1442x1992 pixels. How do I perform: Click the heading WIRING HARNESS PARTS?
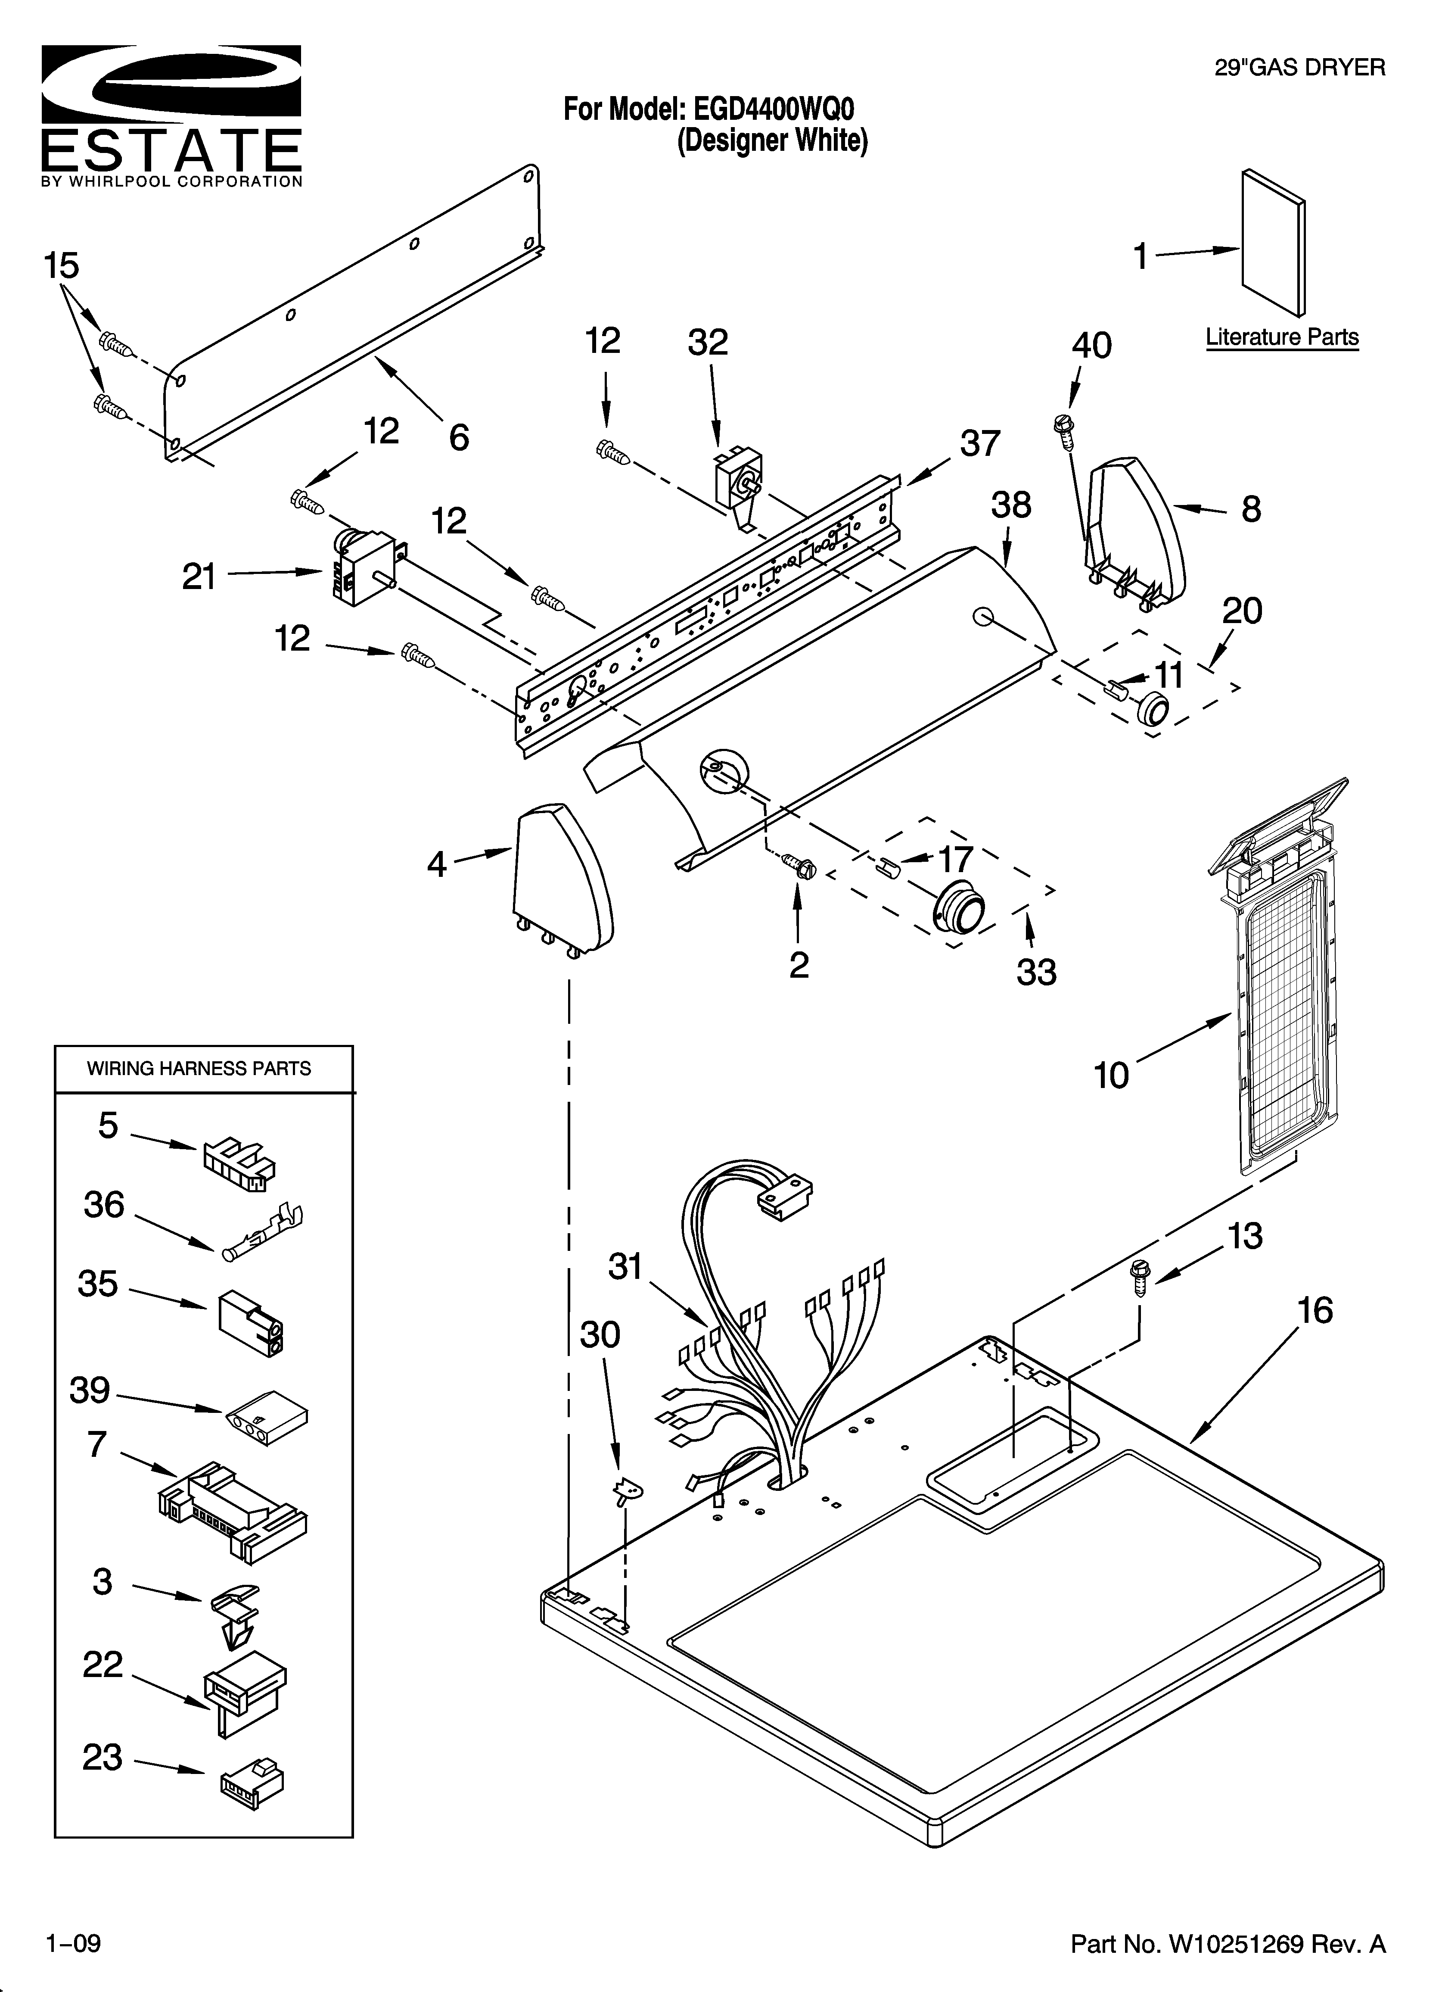pyautogui.click(x=199, y=1069)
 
